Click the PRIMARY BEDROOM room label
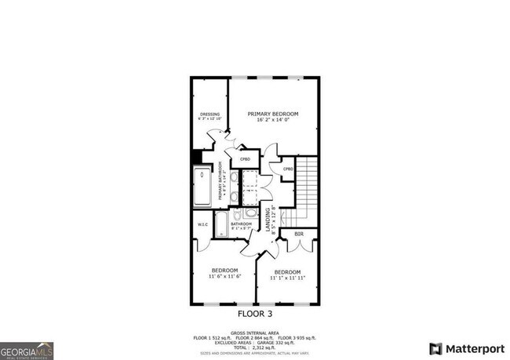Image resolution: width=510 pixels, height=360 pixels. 273,113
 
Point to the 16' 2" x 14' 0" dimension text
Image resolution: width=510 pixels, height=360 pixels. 273,119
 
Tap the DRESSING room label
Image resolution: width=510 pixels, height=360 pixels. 209,114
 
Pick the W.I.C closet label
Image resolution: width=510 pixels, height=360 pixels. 201,230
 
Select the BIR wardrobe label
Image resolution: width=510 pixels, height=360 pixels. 299,234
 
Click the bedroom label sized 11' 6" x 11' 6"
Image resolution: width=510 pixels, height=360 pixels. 224,273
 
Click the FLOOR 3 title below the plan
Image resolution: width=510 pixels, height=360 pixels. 254,312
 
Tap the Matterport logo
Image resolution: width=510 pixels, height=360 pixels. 462,347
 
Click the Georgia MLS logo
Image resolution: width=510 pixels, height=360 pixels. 28,347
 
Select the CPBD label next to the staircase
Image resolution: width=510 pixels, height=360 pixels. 288,169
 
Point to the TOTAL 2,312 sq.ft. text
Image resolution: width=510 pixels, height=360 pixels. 254,346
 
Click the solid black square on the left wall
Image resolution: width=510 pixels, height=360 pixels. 196,156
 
